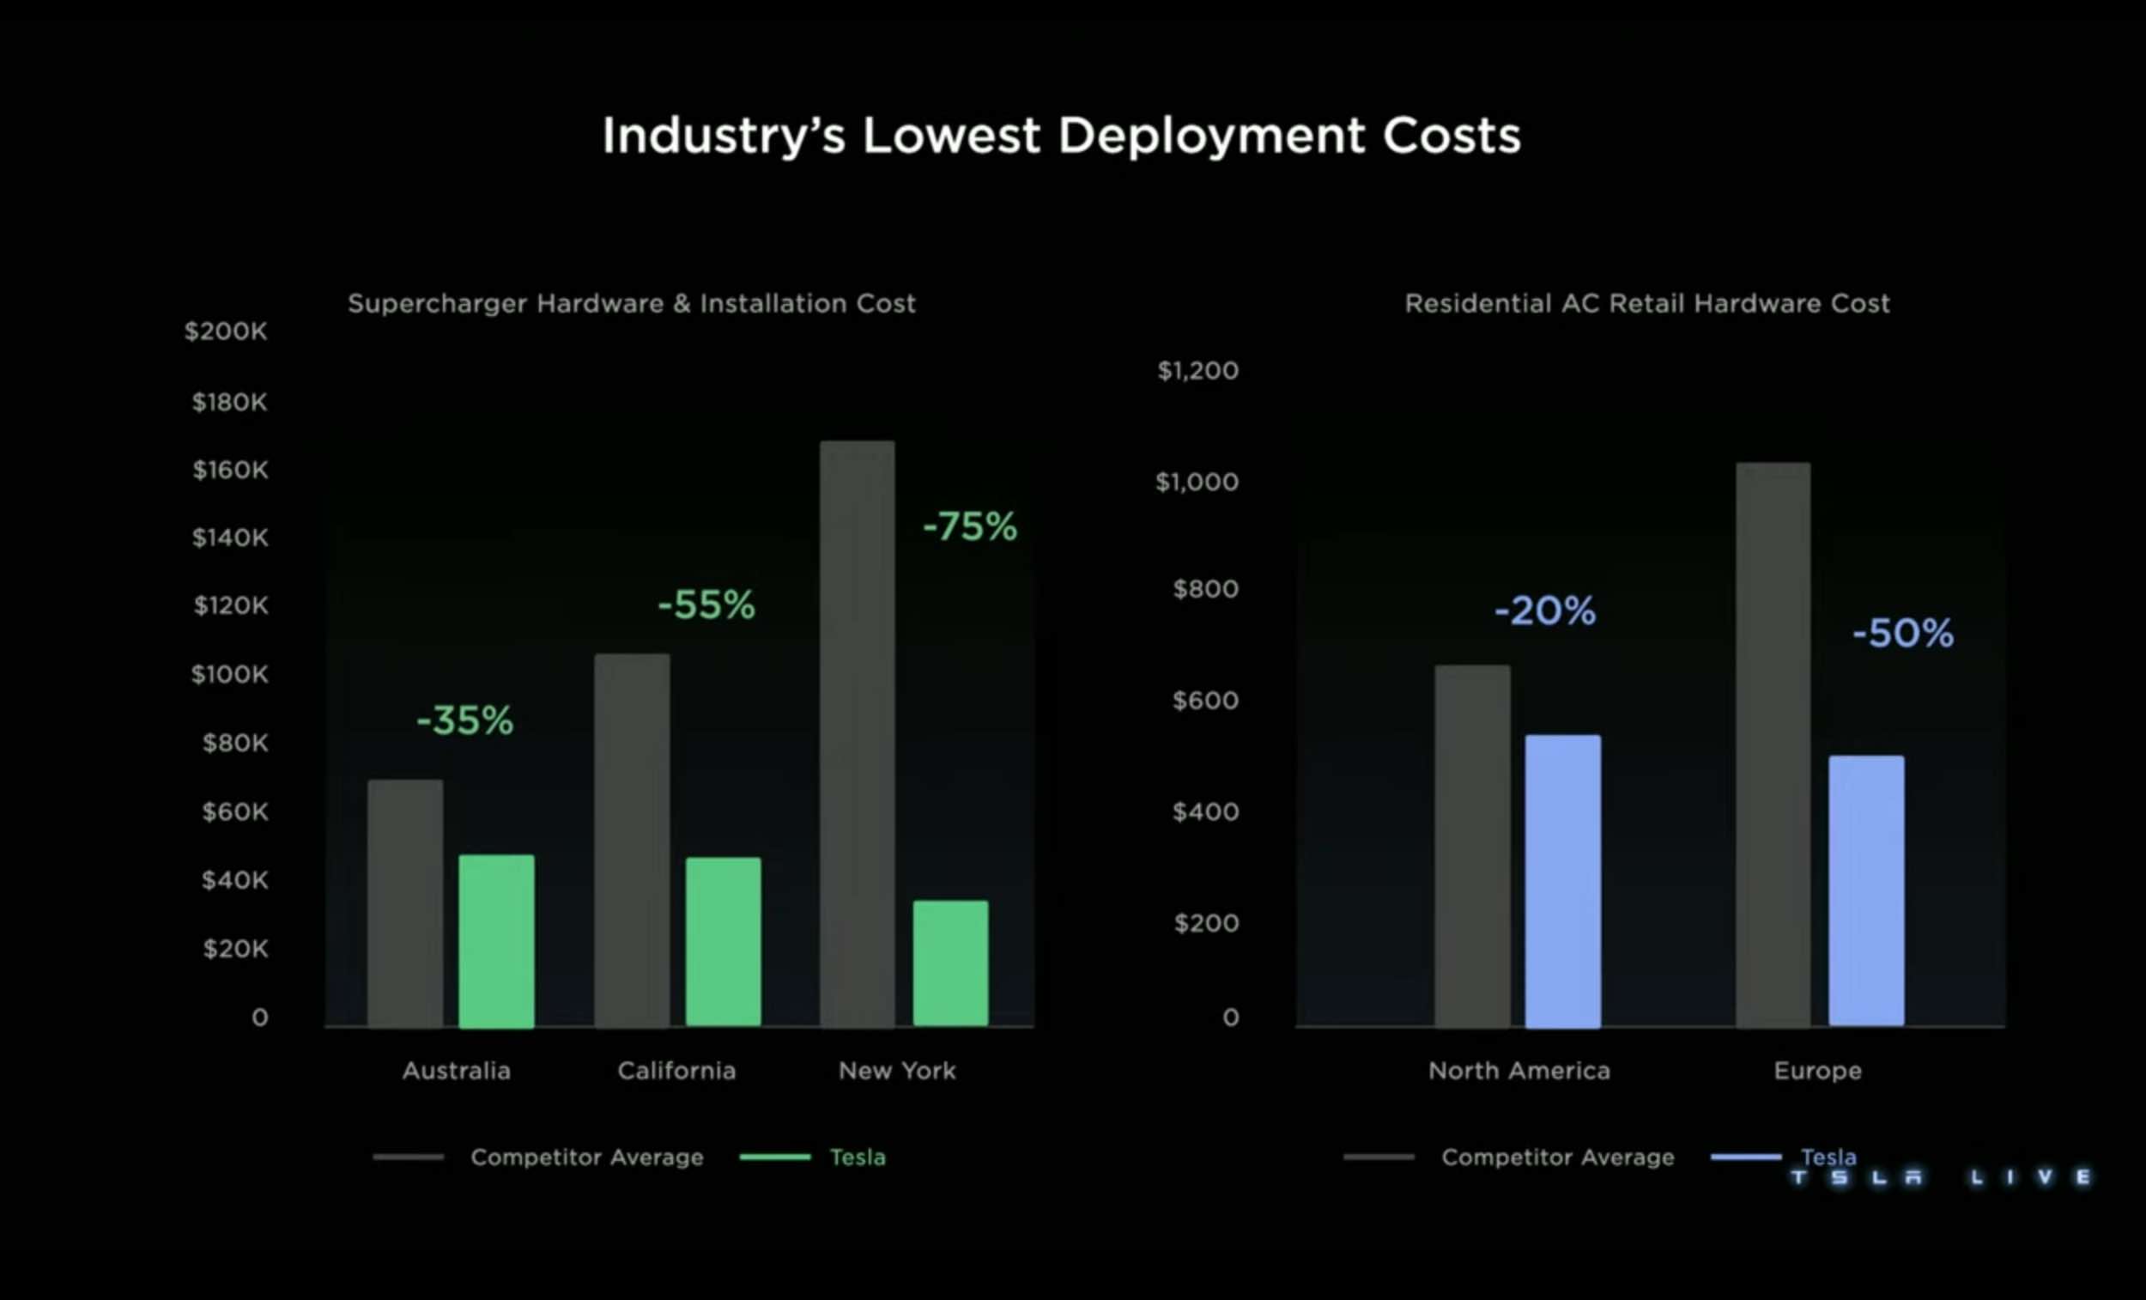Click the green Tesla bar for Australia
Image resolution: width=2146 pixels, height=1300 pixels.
pyautogui.click(x=496, y=941)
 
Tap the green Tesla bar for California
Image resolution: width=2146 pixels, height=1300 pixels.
pyautogui.click(x=723, y=942)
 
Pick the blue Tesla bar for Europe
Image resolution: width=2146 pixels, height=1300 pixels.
pyautogui.click(x=1865, y=890)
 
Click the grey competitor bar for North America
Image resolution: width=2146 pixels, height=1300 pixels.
pyautogui.click(x=1472, y=845)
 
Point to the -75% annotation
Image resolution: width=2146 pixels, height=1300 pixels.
pyautogui.click(x=969, y=526)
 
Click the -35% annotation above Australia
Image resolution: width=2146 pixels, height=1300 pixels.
pyautogui.click(x=465, y=720)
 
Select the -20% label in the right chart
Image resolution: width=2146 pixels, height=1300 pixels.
pyautogui.click(x=1545, y=611)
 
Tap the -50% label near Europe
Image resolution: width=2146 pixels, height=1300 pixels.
pyautogui.click(x=1903, y=634)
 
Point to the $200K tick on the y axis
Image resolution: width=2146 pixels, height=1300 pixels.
pyautogui.click(x=226, y=331)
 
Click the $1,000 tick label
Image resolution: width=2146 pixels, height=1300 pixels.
pyautogui.click(x=1197, y=482)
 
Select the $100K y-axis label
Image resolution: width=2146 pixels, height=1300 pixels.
pyautogui.click(x=230, y=674)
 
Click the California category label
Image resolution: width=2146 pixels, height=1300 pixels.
pyautogui.click(x=676, y=1071)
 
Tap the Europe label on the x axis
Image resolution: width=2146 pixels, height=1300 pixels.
pyautogui.click(x=1817, y=1071)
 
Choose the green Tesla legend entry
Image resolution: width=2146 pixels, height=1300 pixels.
pyautogui.click(x=857, y=1157)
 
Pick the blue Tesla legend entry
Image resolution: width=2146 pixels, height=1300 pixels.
pyautogui.click(x=1828, y=1157)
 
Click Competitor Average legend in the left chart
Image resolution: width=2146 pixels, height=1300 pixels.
pyautogui.click(x=586, y=1157)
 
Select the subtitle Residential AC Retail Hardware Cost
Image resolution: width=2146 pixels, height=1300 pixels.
pyautogui.click(x=1647, y=303)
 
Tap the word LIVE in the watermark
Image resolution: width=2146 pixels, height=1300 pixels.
pyautogui.click(x=2030, y=1178)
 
